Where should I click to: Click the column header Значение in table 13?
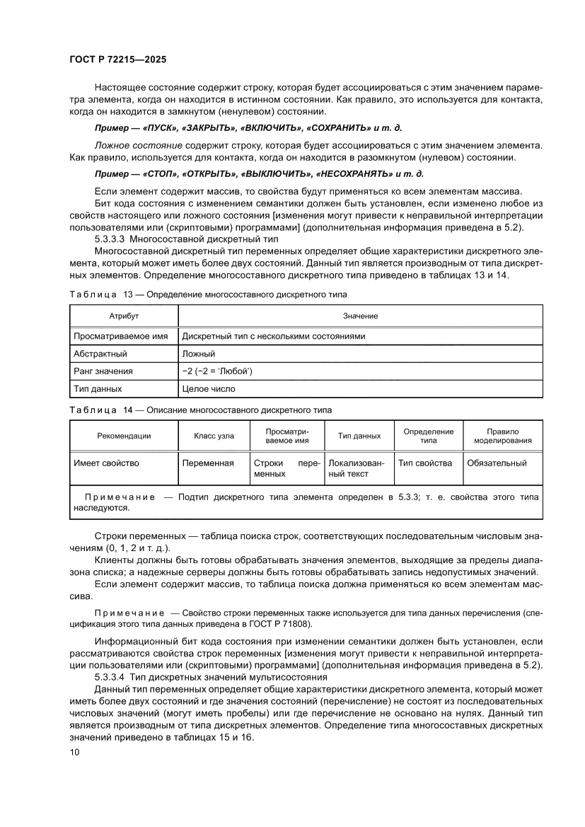[x=360, y=316]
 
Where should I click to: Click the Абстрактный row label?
[x=100, y=354]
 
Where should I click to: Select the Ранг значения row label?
[x=103, y=371]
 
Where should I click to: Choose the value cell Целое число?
[x=209, y=388]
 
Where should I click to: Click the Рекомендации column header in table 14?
[x=124, y=436]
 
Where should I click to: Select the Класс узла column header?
[x=214, y=436]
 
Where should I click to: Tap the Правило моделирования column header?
[x=502, y=436]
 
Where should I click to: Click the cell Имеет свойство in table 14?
[x=106, y=463]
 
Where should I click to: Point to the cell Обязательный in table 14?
[x=497, y=463]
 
